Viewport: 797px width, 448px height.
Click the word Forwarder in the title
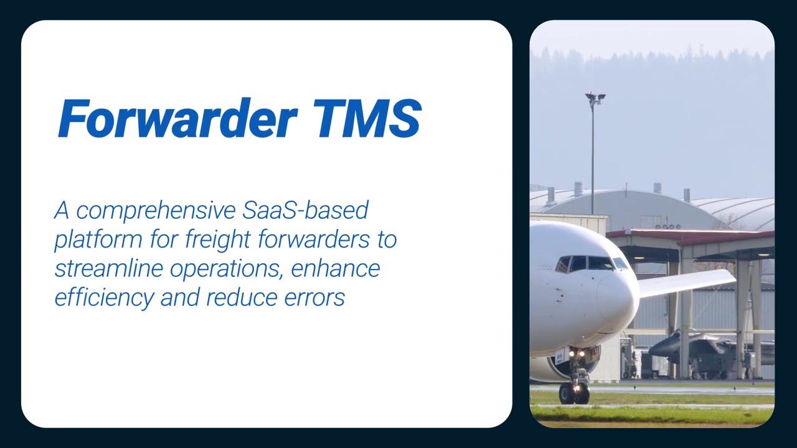[x=176, y=118]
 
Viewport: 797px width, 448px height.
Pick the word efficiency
[x=103, y=297]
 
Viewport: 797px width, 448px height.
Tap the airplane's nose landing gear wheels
[x=573, y=393]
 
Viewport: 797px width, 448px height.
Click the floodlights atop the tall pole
[x=595, y=98]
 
